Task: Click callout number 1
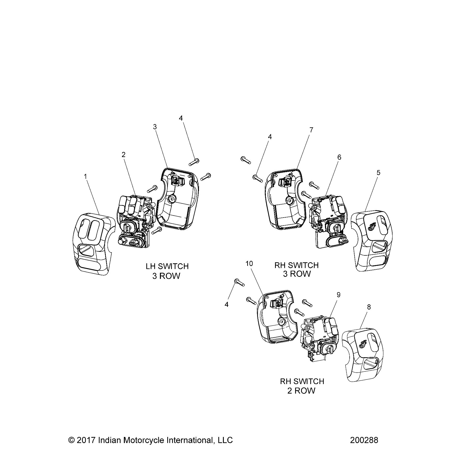pyautogui.click(x=86, y=176)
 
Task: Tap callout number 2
pyautogui.click(x=124, y=155)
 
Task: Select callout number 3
pyautogui.click(x=155, y=127)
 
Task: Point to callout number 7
pyautogui.click(x=311, y=130)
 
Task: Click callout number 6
pyautogui.click(x=339, y=157)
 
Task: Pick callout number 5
pyautogui.click(x=378, y=173)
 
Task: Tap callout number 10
pyautogui.click(x=249, y=264)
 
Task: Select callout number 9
pyautogui.click(x=338, y=295)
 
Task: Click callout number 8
pyautogui.click(x=369, y=307)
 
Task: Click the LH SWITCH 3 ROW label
pyautogui.click(x=167, y=271)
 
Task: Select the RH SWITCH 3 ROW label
pyautogui.click(x=296, y=269)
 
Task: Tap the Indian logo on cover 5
pyautogui.click(x=372, y=226)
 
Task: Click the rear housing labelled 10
pyautogui.click(x=277, y=317)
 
